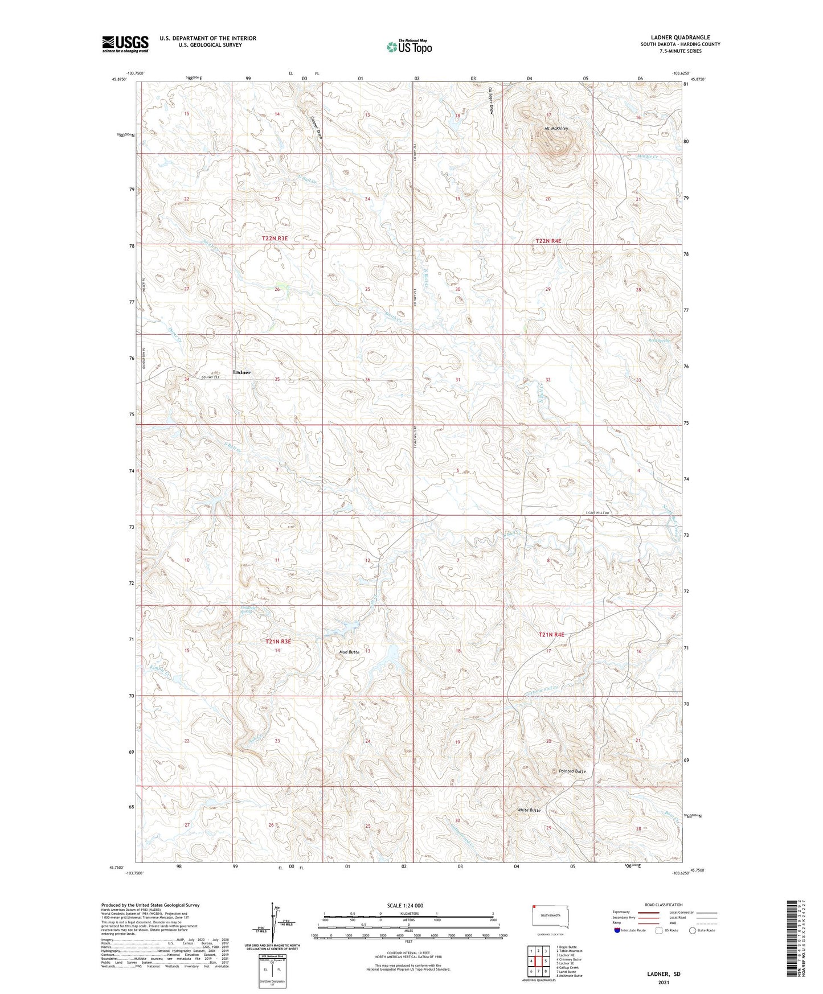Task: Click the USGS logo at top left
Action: (125, 44)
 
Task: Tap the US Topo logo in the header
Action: (410, 47)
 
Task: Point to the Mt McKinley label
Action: (556, 129)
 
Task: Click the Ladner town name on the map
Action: (241, 372)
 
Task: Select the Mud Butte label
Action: (349, 652)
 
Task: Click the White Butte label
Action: (529, 810)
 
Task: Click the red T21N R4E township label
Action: (551, 634)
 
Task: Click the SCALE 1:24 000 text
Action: (405, 906)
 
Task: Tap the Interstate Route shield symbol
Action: (617, 930)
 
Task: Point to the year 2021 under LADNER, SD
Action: (663, 983)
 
